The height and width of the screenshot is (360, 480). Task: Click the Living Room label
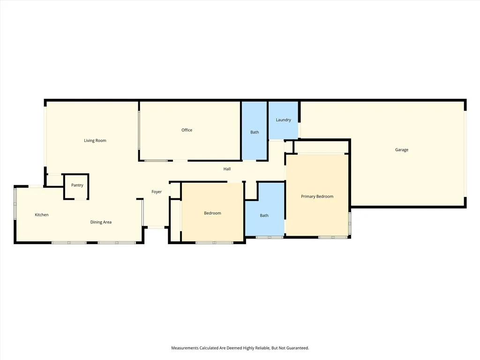coord(95,141)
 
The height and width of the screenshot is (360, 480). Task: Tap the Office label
coord(187,130)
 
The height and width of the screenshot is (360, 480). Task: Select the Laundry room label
coord(283,120)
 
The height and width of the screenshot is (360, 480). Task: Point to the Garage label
coord(401,150)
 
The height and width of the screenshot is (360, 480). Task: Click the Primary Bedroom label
coord(317,196)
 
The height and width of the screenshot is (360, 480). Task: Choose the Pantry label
coord(77,185)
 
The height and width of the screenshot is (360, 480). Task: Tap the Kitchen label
coord(42,215)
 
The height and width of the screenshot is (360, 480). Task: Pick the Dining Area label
coord(101,222)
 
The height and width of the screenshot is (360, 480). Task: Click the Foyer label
coord(157,192)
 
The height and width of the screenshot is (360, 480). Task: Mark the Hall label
coord(227,169)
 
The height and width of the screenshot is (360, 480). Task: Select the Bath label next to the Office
coord(255,132)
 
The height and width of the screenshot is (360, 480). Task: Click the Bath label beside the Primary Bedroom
coord(264,216)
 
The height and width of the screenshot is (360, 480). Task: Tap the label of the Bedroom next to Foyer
coord(212,213)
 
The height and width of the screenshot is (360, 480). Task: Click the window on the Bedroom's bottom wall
coord(214,242)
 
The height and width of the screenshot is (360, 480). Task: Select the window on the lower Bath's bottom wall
coord(270,237)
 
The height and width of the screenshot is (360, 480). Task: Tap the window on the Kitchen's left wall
coord(15,203)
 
